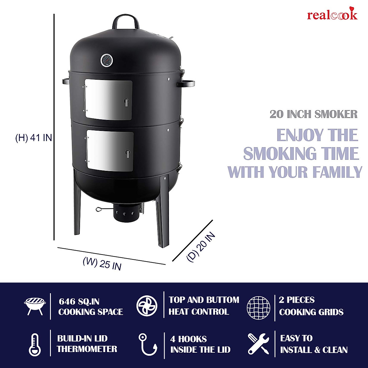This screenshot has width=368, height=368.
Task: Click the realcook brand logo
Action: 332,15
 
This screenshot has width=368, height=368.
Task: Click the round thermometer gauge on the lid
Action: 106,60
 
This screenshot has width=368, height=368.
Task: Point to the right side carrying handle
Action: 186,83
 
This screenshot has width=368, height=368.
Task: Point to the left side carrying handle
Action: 65,81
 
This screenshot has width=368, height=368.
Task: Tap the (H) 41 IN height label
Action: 34,138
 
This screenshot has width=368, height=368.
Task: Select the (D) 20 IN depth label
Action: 201,247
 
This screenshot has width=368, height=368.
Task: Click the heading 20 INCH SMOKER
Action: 314,114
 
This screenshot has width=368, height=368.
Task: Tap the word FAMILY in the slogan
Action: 337,172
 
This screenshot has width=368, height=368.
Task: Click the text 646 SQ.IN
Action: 79,301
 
